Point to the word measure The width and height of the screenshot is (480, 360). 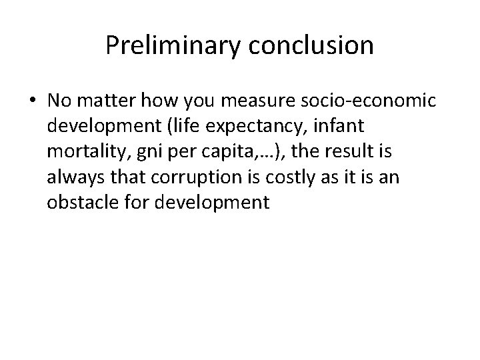tap(235, 101)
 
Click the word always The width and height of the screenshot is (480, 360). tap(71, 177)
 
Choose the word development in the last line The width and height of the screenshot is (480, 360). tap(211, 203)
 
